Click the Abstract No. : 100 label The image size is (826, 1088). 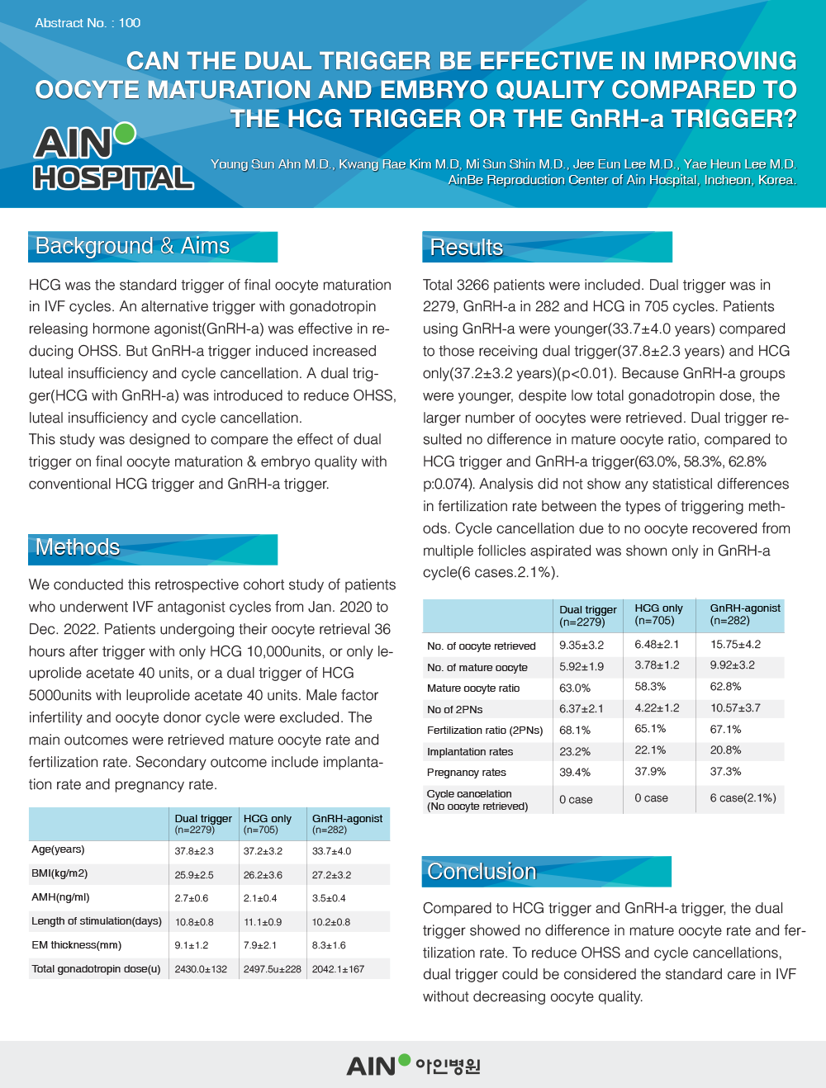(x=88, y=23)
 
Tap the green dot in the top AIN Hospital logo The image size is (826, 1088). (x=125, y=133)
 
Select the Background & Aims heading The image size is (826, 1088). (x=133, y=246)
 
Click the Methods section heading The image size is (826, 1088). (x=78, y=547)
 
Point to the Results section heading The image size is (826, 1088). (x=467, y=248)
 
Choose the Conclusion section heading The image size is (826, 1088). (x=482, y=872)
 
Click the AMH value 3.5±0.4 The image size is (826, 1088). (x=329, y=898)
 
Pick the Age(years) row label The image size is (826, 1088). (x=58, y=849)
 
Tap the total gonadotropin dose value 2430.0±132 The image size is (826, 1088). (x=201, y=969)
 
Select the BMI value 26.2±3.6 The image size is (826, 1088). (x=263, y=875)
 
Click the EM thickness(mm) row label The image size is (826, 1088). (x=76, y=945)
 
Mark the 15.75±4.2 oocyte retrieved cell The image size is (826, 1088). (x=735, y=645)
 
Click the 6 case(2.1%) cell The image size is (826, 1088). (x=743, y=798)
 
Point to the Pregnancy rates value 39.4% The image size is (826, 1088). (x=575, y=773)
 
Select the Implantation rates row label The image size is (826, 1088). (x=470, y=752)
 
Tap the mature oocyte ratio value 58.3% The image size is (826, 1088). (x=650, y=687)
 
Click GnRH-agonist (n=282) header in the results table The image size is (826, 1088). (x=744, y=614)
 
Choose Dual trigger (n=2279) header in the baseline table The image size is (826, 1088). (x=203, y=824)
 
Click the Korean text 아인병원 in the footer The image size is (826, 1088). (x=448, y=1067)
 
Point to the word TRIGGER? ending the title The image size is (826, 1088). (x=733, y=119)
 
